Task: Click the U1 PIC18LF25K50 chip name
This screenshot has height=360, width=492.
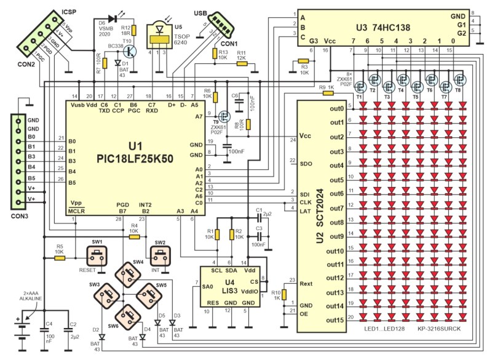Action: pyautogui.click(x=135, y=152)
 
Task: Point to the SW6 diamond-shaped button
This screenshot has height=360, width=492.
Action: pyautogui.click(x=132, y=316)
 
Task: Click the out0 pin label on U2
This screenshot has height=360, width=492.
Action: pyautogui.click(x=336, y=109)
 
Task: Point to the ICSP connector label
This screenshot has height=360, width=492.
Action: pyautogui.click(x=69, y=12)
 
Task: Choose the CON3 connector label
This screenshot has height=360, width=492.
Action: pyautogui.click(x=18, y=215)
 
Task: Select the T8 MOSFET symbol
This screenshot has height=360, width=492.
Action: pyautogui.click(x=459, y=79)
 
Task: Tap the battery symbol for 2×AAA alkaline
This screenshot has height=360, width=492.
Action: pyautogui.click(x=24, y=330)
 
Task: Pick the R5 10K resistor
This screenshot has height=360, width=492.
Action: pyautogui.click(x=59, y=258)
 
